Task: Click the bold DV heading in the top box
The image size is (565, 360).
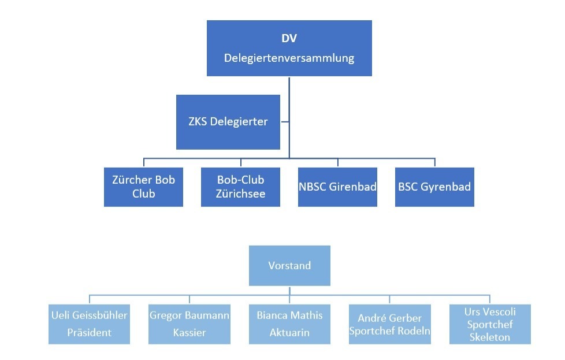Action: pyautogui.click(x=289, y=39)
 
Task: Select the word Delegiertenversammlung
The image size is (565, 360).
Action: pyautogui.click(x=289, y=58)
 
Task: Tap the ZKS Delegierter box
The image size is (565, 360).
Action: pyautogui.click(x=228, y=122)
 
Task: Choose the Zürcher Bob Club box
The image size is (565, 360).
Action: pyautogui.click(x=143, y=187)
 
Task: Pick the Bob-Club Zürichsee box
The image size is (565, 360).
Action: pyautogui.click(x=240, y=187)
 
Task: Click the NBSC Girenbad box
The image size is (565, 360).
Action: pyautogui.click(x=337, y=187)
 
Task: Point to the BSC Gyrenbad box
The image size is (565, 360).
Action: pyautogui.click(x=434, y=187)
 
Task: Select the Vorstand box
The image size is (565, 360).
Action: pyautogui.click(x=289, y=266)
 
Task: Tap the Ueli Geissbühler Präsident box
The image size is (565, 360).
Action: pyautogui.click(x=89, y=324)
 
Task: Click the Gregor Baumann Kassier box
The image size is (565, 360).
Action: pyautogui.click(x=189, y=324)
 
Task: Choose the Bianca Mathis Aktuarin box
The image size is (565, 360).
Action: pyautogui.click(x=289, y=324)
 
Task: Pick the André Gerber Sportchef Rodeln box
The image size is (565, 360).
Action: pyautogui.click(x=389, y=324)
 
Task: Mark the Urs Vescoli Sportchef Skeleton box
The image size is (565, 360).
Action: pyautogui.click(x=489, y=324)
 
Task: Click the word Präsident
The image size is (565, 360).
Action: pyautogui.click(x=89, y=333)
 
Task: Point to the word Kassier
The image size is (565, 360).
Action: pyautogui.click(x=189, y=333)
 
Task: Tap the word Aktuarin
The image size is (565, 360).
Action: pyautogui.click(x=289, y=333)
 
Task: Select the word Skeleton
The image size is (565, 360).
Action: pyautogui.click(x=489, y=337)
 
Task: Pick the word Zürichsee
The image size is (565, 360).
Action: pyautogui.click(x=240, y=194)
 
